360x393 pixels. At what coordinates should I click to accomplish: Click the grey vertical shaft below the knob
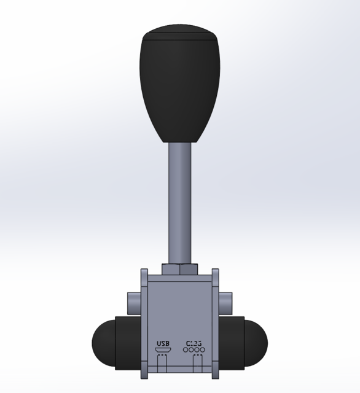(179, 203)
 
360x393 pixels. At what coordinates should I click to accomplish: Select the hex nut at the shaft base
(179, 269)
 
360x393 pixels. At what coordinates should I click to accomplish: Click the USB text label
(163, 343)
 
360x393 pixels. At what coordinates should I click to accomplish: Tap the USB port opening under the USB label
(163, 351)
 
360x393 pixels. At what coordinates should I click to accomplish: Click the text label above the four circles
(194, 343)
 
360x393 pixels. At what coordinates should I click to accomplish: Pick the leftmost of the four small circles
(187, 351)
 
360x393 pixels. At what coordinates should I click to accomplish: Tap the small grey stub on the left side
(134, 302)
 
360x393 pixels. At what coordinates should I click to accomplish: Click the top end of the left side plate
(145, 271)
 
